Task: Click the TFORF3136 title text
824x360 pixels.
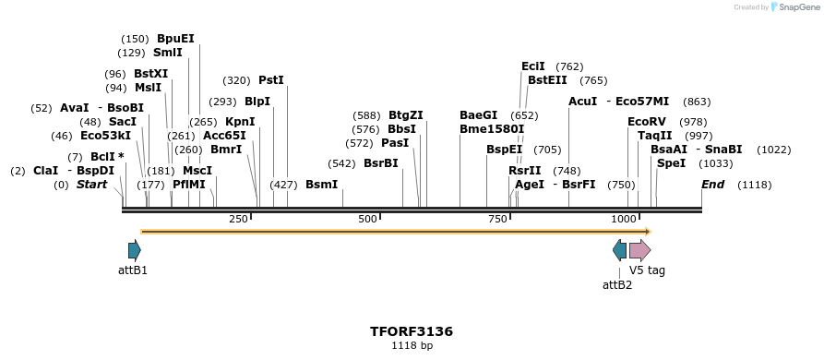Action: pos(411,331)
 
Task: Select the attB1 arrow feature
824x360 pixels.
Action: pos(135,249)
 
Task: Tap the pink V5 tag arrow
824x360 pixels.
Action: pos(640,250)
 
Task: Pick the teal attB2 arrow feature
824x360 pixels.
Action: pos(619,249)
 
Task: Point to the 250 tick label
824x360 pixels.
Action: pos(238,219)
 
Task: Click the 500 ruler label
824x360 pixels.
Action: pos(367,219)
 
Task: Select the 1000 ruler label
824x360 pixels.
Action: pos(624,219)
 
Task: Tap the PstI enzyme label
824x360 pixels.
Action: pos(271,80)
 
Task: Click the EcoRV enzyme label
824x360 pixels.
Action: pos(646,122)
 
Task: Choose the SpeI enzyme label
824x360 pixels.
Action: pos(671,163)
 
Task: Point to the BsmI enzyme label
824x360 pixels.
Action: pos(322,185)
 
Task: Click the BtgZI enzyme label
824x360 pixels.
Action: pos(405,115)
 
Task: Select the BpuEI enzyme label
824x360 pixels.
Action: pos(175,39)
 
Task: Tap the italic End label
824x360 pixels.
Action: pos(712,185)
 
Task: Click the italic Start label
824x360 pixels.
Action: pos(91,185)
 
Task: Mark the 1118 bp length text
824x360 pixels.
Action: pos(411,346)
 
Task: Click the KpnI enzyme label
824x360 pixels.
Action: pos(240,122)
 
